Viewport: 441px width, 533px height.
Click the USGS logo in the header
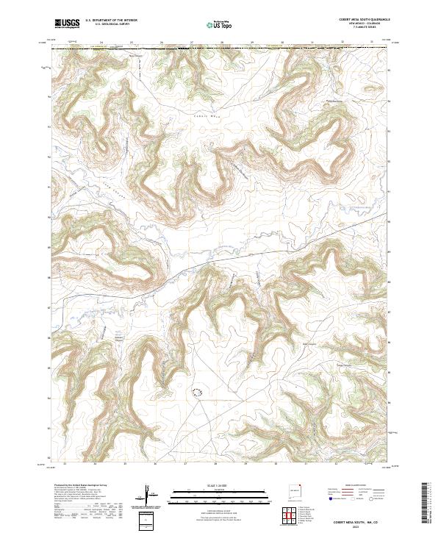point(68,24)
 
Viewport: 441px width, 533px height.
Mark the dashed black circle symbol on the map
point(196,393)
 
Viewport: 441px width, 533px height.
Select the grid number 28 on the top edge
point(222,43)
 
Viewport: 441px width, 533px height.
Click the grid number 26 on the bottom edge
point(155,464)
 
